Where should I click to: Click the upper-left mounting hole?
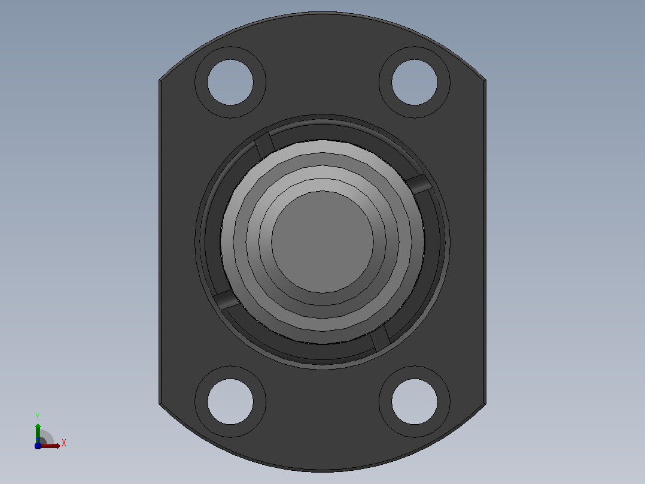pyautogui.click(x=230, y=83)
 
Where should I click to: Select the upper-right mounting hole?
pyautogui.click(x=414, y=83)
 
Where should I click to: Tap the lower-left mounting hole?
pyautogui.click(x=230, y=401)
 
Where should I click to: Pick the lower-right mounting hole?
pyautogui.click(x=414, y=401)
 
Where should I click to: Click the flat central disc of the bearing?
pyautogui.click(x=322, y=242)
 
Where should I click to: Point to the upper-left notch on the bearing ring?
pyautogui.click(x=264, y=146)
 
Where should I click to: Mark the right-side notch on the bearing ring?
pyautogui.click(x=419, y=184)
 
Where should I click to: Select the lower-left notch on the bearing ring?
pyautogui.click(x=226, y=300)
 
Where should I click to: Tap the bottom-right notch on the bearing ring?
pyautogui.click(x=380, y=338)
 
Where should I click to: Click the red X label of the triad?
pyautogui.click(x=64, y=443)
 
